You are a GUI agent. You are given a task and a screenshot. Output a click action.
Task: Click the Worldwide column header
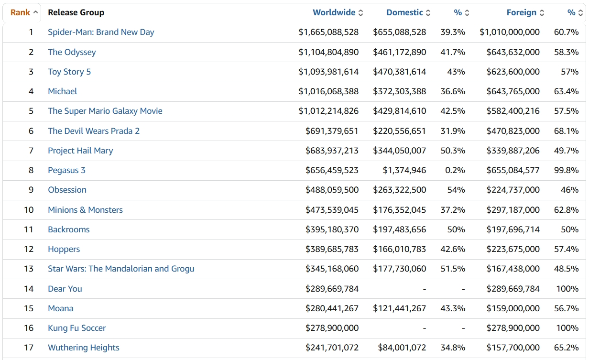click(x=334, y=12)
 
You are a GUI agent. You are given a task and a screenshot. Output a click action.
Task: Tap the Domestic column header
click(x=404, y=12)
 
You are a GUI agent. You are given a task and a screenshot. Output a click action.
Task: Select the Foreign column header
click(x=521, y=12)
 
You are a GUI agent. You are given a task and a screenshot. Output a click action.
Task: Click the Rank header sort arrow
click(x=36, y=12)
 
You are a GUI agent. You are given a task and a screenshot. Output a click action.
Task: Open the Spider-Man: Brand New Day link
click(x=101, y=32)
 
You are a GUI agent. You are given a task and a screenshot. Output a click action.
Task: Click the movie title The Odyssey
click(x=72, y=52)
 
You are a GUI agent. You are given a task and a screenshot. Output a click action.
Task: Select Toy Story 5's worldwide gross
click(x=328, y=72)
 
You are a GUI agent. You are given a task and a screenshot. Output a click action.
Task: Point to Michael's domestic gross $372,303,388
click(x=399, y=91)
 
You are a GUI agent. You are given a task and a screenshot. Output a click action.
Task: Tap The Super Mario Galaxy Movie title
click(x=105, y=111)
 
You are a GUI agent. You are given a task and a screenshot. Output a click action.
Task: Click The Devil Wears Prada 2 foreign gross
click(x=513, y=131)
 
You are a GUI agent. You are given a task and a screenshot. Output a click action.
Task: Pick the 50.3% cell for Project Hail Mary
click(x=453, y=151)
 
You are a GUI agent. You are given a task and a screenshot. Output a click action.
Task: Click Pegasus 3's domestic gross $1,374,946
click(x=404, y=170)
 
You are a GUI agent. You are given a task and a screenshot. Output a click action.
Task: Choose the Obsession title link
click(x=67, y=190)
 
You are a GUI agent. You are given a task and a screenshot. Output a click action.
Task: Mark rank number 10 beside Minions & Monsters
click(x=29, y=210)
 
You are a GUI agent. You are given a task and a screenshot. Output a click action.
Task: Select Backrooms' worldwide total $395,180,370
click(x=332, y=229)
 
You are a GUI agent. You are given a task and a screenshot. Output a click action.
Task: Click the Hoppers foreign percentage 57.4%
click(x=566, y=249)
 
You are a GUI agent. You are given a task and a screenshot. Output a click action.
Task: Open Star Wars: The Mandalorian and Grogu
click(x=121, y=269)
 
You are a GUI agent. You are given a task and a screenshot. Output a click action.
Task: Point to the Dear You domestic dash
click(x=424, y=289)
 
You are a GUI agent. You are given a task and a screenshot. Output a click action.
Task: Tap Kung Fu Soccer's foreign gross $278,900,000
click(x=513, y=328)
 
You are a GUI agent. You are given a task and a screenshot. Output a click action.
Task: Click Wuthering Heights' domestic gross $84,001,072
click(x=402, y=348)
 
